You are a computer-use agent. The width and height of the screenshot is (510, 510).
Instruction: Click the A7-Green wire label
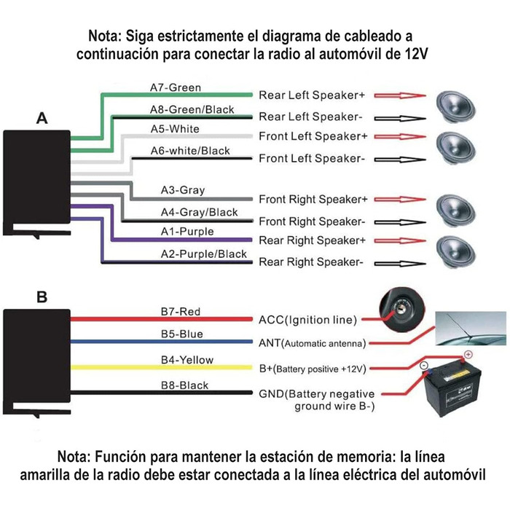(x=175, y=88)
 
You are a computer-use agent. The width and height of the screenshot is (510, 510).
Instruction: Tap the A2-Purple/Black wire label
(x=204, y=254)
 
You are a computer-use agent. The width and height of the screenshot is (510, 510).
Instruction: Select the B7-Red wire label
(x=180, y=312)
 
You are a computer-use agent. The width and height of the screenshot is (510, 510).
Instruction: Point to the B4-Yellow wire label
(x=187, y=360)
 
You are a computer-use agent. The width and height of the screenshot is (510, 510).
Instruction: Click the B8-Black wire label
(x=184, y=385)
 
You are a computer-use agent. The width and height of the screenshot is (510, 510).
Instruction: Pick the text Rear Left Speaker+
(x=312, y=95)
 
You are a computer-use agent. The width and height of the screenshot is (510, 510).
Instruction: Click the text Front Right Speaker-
(x=312, y=221)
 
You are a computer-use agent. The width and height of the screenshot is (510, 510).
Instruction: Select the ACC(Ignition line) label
(x=307, y=319)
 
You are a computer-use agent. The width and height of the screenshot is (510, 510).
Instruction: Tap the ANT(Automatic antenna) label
(x=312, y=342)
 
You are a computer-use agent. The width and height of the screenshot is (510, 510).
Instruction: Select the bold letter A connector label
(x=42, y=119)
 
